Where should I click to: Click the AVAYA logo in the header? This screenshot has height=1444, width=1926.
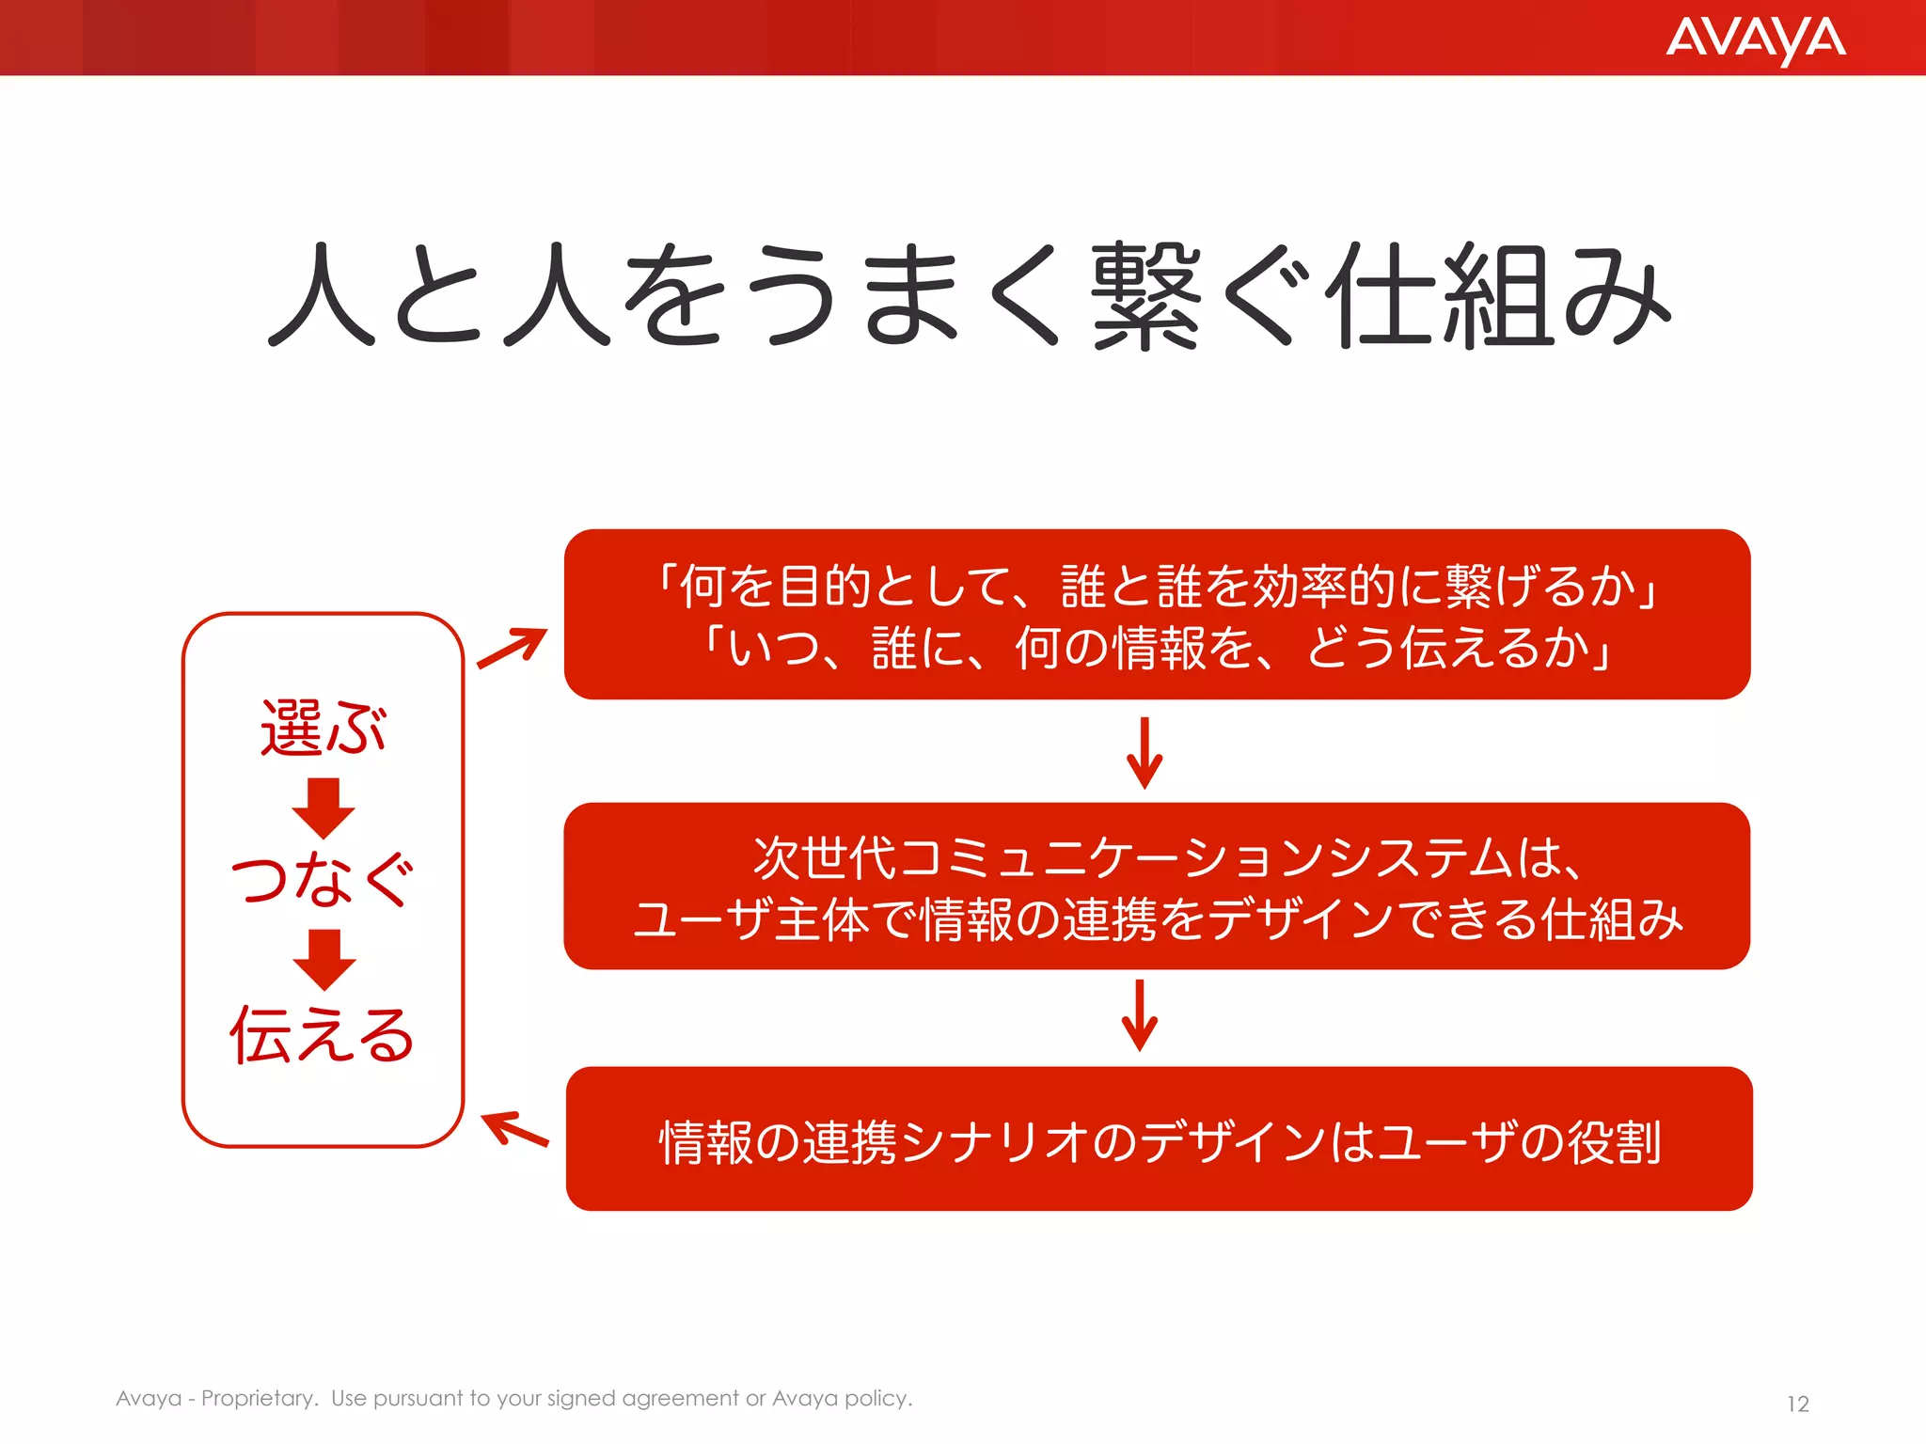click(x=1755, y=39)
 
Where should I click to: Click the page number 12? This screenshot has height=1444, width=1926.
click(x=1797, y=1404)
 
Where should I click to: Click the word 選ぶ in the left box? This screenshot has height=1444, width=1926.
click(x=323, y=728)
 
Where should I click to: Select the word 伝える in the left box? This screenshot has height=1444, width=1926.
click(x=323, y=1034)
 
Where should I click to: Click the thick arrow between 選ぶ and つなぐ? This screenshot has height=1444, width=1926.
click(x=323, y=808)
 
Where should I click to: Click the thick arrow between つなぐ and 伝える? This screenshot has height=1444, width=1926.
click(x=324, y=960)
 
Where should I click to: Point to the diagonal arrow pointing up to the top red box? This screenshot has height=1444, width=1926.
click(x=513, y=648)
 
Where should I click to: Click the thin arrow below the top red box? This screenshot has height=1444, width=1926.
click(x=1145, y=753)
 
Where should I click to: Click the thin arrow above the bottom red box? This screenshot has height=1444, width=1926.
click(x=1140, y=1015)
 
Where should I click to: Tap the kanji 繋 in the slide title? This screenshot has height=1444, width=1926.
click(x=1145, y=296)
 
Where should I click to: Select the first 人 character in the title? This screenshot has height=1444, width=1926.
click(x=323, y=296)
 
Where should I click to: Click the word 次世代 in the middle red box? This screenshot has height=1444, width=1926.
click(x=825, y=857)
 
